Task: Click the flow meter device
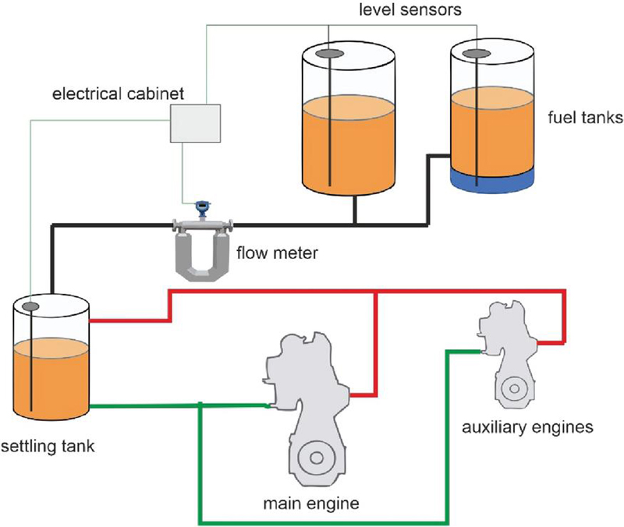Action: [x=203, y=246]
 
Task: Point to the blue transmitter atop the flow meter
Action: [x=203, y=207]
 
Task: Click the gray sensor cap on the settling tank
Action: [x=31, y=306]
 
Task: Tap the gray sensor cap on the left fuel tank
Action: [x=331, y=52]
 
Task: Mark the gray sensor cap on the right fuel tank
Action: [x=478, y=53]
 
